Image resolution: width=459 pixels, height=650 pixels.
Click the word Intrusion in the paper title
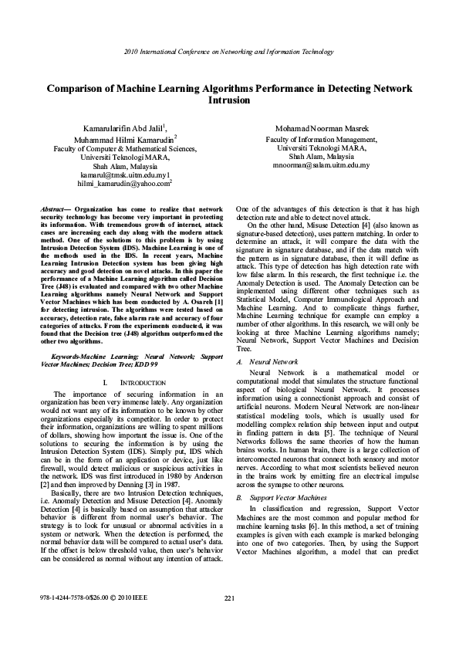pos(229,100)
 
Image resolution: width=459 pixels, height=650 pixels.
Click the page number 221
pos(229,621)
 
